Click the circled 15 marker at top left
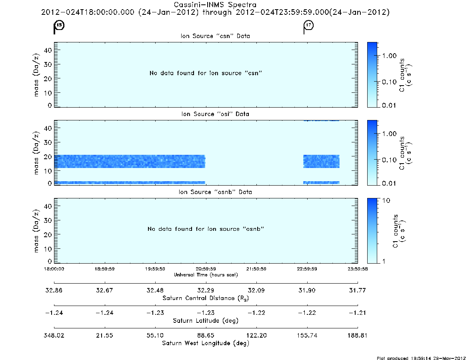(59, 25)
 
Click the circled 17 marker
(309, 25)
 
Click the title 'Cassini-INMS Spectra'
(215, 5)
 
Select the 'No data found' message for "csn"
(206, 73)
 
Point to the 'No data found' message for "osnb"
(206, 229)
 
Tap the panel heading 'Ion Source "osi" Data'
(215, 114)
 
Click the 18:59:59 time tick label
(105, 269)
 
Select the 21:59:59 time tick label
(256, 269)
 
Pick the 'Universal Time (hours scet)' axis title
(206, 275)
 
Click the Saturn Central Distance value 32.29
(206, 290)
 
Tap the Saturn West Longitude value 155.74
(307, 335)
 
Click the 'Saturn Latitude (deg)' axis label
(206, 321)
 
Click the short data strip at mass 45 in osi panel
(321, 120)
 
